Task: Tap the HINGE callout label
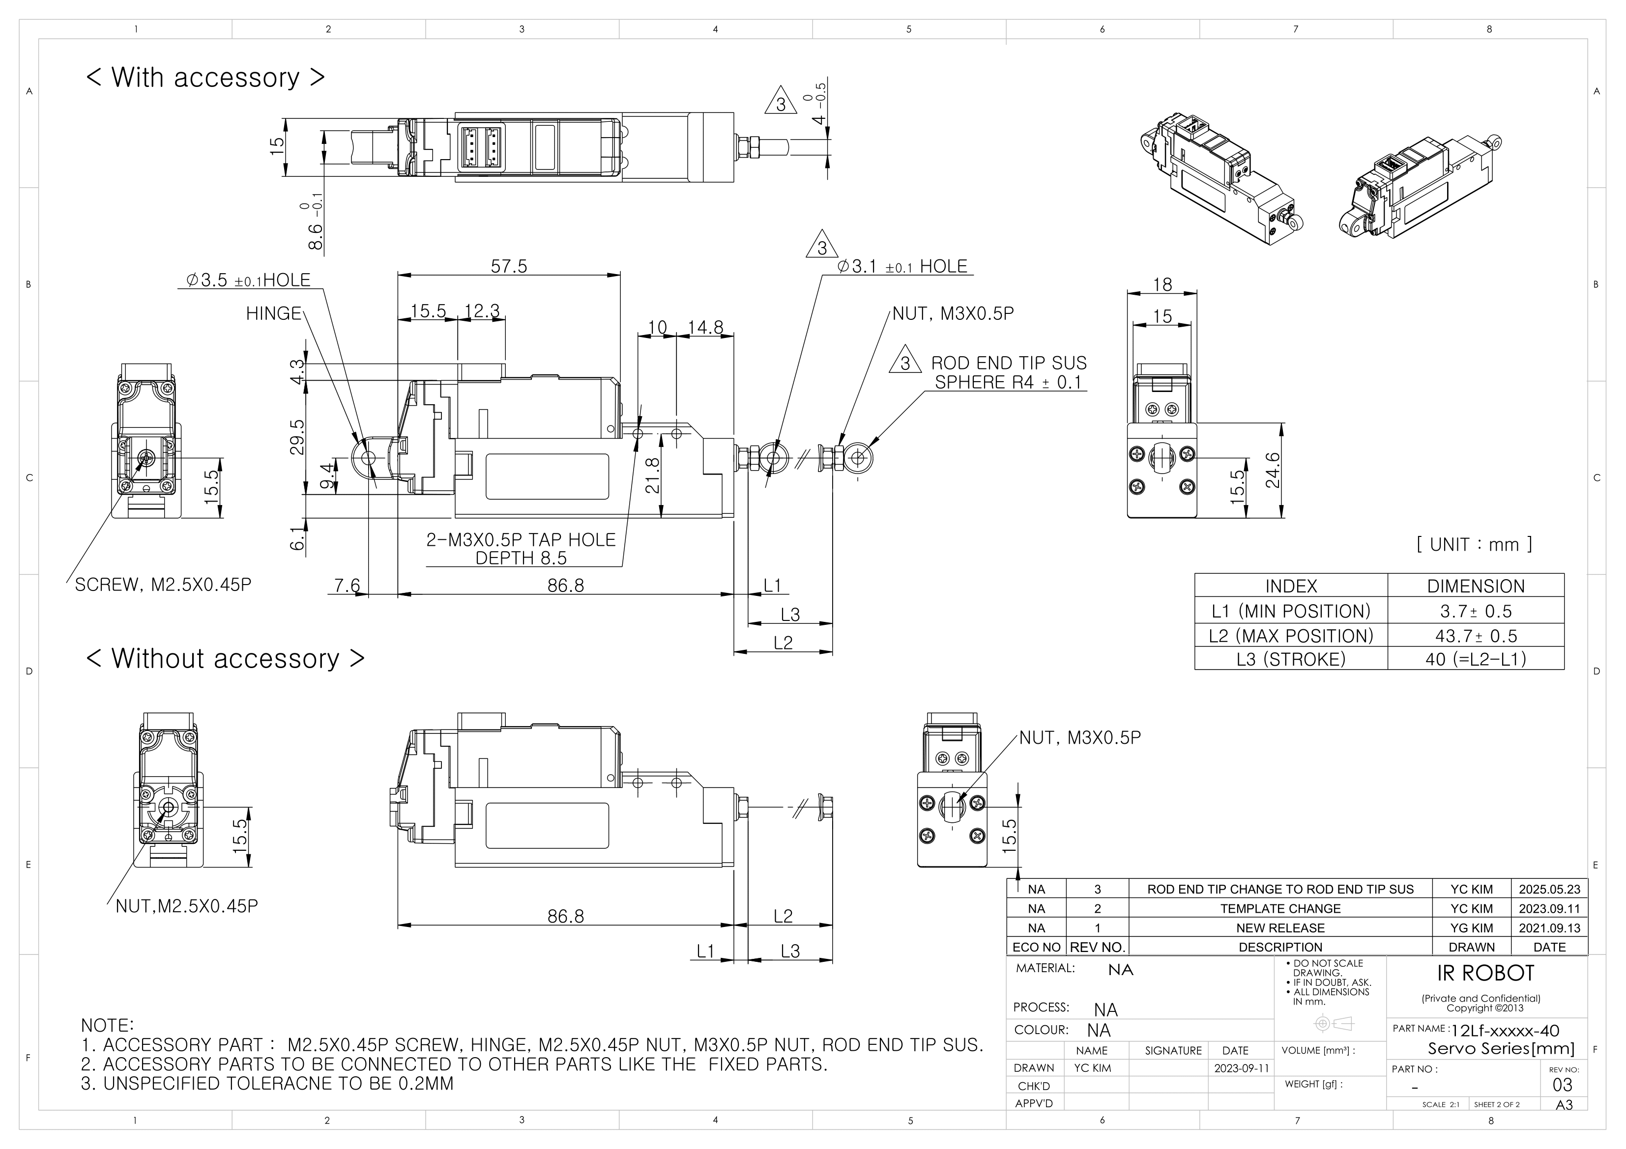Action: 273,313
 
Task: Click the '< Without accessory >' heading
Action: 225,658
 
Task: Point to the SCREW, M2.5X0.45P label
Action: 163,585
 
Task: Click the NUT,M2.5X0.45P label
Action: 186,906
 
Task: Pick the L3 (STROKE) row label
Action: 1290,659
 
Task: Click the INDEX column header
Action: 1290,586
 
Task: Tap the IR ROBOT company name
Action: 1484,974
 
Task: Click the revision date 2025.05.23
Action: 1549,889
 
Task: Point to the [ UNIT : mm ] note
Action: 1474,544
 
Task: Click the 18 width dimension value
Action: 1162,284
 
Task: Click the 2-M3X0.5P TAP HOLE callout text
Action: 521,540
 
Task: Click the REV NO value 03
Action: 1562,1085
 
